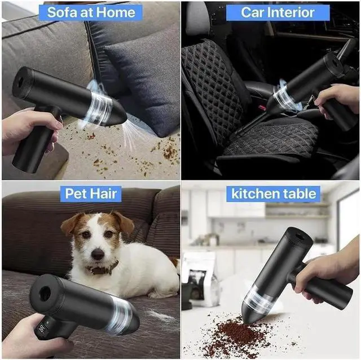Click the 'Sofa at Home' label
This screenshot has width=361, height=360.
(90, 12)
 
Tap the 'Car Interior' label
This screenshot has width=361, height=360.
(270, 12)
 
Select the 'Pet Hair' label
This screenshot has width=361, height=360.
(91, 194)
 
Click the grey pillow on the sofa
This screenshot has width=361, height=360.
(141, 79)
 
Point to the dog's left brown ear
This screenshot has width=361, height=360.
(72, 223)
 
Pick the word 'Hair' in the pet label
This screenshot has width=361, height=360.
(105, 194)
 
